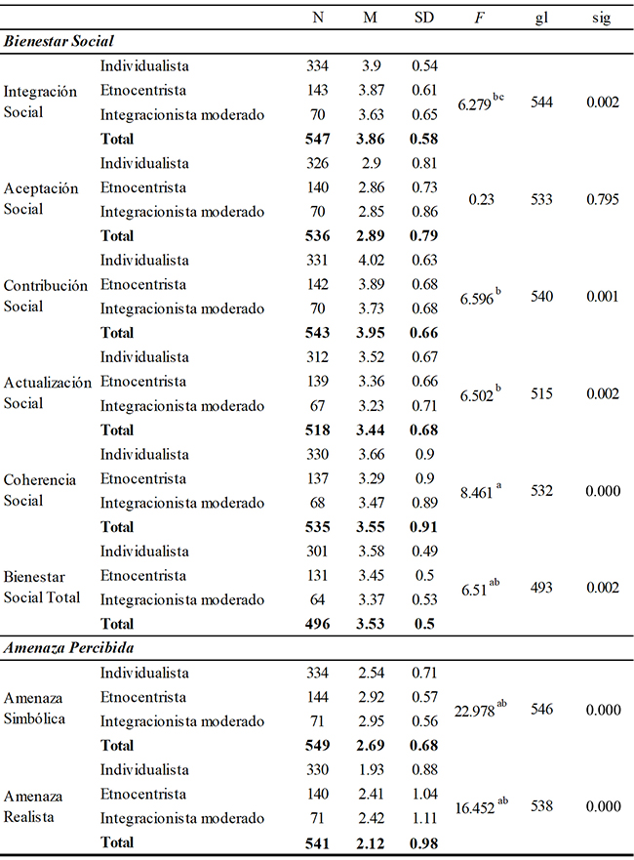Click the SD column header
425,19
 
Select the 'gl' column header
541,19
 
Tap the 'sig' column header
602,19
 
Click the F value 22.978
476,710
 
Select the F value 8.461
478,492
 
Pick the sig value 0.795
602,200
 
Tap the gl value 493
541,589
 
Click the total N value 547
318,140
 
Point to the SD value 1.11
425,818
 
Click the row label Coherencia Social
40,491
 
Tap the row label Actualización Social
47,393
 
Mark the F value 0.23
480,200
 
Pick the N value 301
318,552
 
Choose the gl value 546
541,710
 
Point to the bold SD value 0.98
425,842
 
